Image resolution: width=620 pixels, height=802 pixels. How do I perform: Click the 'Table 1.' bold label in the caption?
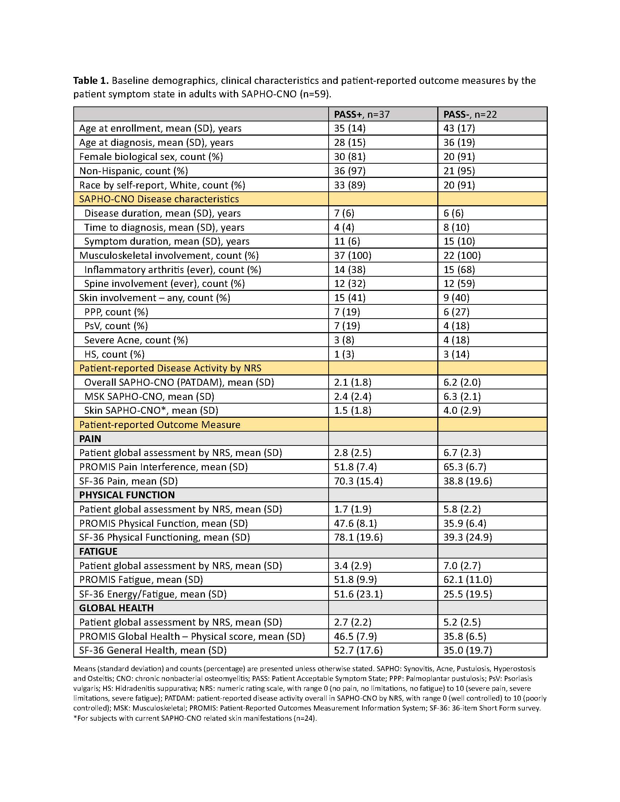pos(91,81)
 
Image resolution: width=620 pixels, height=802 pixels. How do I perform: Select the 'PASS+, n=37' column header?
pos(361,114)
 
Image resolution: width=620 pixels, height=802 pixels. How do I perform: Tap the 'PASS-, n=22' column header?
pos(470,114)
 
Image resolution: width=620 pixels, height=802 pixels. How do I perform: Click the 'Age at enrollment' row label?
pos(160,128)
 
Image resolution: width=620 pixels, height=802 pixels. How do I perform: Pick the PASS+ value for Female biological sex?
pos(350,157)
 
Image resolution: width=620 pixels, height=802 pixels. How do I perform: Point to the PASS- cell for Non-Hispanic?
pos(459,171)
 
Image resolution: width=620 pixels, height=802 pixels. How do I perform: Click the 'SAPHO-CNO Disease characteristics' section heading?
pos(159,199)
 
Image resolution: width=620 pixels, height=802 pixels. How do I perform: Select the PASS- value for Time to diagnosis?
pos(456,227)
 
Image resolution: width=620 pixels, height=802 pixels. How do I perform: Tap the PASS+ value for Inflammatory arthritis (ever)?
pos(350,270)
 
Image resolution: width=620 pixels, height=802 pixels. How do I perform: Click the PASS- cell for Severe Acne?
pos(456,340)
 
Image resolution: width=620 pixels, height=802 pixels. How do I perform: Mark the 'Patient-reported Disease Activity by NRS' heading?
pos(170,368)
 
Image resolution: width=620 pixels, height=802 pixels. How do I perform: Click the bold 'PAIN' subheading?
pos(90,439)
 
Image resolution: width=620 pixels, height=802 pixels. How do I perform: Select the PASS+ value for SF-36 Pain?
pos(358,481)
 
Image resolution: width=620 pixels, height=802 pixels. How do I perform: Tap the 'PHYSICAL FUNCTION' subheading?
pos(127,495)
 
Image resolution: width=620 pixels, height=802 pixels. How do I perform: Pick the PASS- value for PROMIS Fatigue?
pos(467,580)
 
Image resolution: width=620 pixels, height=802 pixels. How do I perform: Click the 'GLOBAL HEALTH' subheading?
pos(116,608)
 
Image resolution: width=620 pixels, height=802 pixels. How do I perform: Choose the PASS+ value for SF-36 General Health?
pos(358,650)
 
